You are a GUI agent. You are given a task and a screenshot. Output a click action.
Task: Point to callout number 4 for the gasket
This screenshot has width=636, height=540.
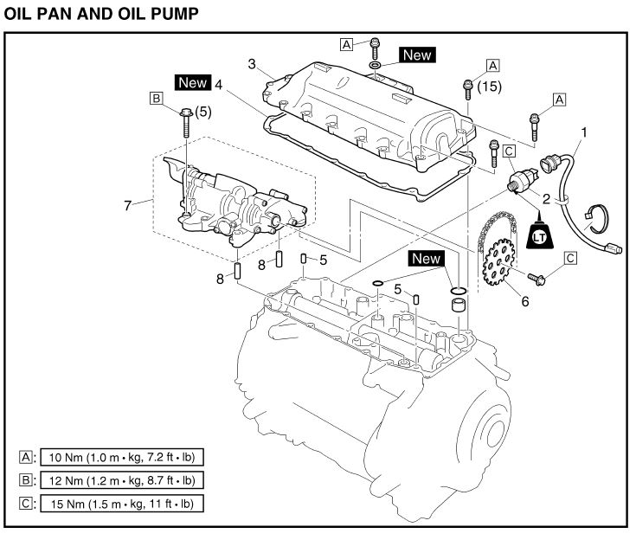coord(220,85)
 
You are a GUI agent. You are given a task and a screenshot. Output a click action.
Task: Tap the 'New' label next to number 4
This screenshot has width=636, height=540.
coord(192,83)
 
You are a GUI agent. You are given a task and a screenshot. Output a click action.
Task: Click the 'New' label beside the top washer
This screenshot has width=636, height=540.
coord(416,55)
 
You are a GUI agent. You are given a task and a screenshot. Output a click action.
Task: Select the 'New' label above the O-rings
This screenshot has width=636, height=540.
coord(426,258)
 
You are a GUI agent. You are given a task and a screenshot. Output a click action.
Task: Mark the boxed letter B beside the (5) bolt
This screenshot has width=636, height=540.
coord(157,100)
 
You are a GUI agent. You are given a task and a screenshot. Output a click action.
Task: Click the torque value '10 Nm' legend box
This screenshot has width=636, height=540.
coord(121,457)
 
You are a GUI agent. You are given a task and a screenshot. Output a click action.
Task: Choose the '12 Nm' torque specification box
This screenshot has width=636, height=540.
coord(121,479)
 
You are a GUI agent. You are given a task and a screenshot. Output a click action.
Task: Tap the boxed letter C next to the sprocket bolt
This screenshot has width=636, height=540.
coord(570,257)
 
